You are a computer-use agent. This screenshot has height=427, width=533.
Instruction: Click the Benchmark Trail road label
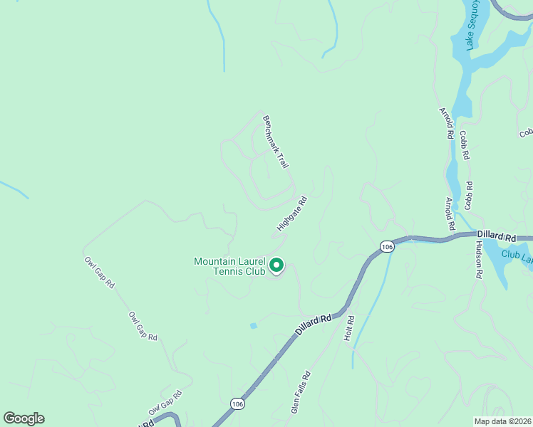point(276,142)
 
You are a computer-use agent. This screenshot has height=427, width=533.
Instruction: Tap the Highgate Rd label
point(291,214)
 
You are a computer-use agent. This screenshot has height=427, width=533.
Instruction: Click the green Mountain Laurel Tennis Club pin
point(276,266)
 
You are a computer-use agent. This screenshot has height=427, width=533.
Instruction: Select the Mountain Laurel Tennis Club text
point(229,266)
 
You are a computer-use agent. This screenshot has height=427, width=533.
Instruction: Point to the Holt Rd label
point(349,327)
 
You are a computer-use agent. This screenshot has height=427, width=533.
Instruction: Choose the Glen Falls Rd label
point(301,392)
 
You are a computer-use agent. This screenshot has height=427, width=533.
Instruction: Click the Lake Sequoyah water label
point(472,25)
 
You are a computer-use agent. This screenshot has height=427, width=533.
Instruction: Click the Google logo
point(24,418)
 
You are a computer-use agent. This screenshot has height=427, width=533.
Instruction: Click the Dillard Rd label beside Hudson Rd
point(496,236)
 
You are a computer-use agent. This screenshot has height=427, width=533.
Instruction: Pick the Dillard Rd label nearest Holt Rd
point(315,326)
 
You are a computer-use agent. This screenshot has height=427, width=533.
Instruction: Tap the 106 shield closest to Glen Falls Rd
point(237,404)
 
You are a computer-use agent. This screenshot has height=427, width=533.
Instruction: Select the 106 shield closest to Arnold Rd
point(387,246)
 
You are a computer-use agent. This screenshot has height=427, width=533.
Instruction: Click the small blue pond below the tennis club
point(253,326)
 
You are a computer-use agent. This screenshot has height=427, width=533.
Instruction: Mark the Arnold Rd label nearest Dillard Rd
point(450,213)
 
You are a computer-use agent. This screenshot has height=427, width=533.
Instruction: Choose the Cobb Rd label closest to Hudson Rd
point(468,194)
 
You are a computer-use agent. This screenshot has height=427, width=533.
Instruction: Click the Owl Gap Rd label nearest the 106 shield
point(165,403)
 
